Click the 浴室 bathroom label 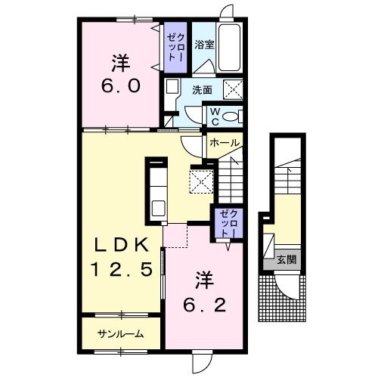pyautogui.click(x=204, y=45)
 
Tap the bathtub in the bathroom pyautogui.click(x=229, y=48)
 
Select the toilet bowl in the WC pyautogui.click(x=231, y=116)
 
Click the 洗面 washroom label pyautogui.click(x=202, y=90)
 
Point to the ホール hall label pyautogui.click(x=224, y=143)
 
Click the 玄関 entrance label pyautogui.click(x=287, y=259)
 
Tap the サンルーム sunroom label pyautogui.click(x=121, y=334)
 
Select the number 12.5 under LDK pyautogui.click(x=122, y=269)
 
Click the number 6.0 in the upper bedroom pyautogui.click(x=120, y=86)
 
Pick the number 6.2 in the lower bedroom pyautogui.click(x=204, y=305)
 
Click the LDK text pyautogui.click(x=122, y=245)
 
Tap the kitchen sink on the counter pyautogui.click(x=159, y=209)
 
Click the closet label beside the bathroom pyautogui.click(x=175, y=48)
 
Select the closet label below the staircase pyautogui.click(x=229, y=223)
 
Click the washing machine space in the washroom pyautogui.click(x=233, y=89)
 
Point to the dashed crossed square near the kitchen pyautogui.click(x=202, y=181)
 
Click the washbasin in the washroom pyautogui.click(x=172, y=86)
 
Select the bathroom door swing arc pyautogui.click(x=206, y=66)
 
